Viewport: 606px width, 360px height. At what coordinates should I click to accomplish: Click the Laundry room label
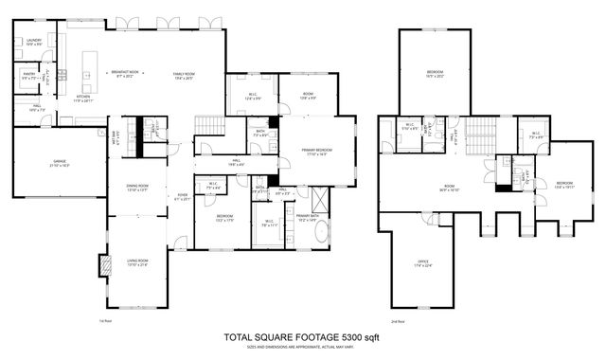point(33,42)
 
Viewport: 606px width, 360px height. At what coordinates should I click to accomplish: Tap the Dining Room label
point(138,187)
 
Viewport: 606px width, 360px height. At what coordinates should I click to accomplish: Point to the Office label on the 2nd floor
point(423,262)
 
